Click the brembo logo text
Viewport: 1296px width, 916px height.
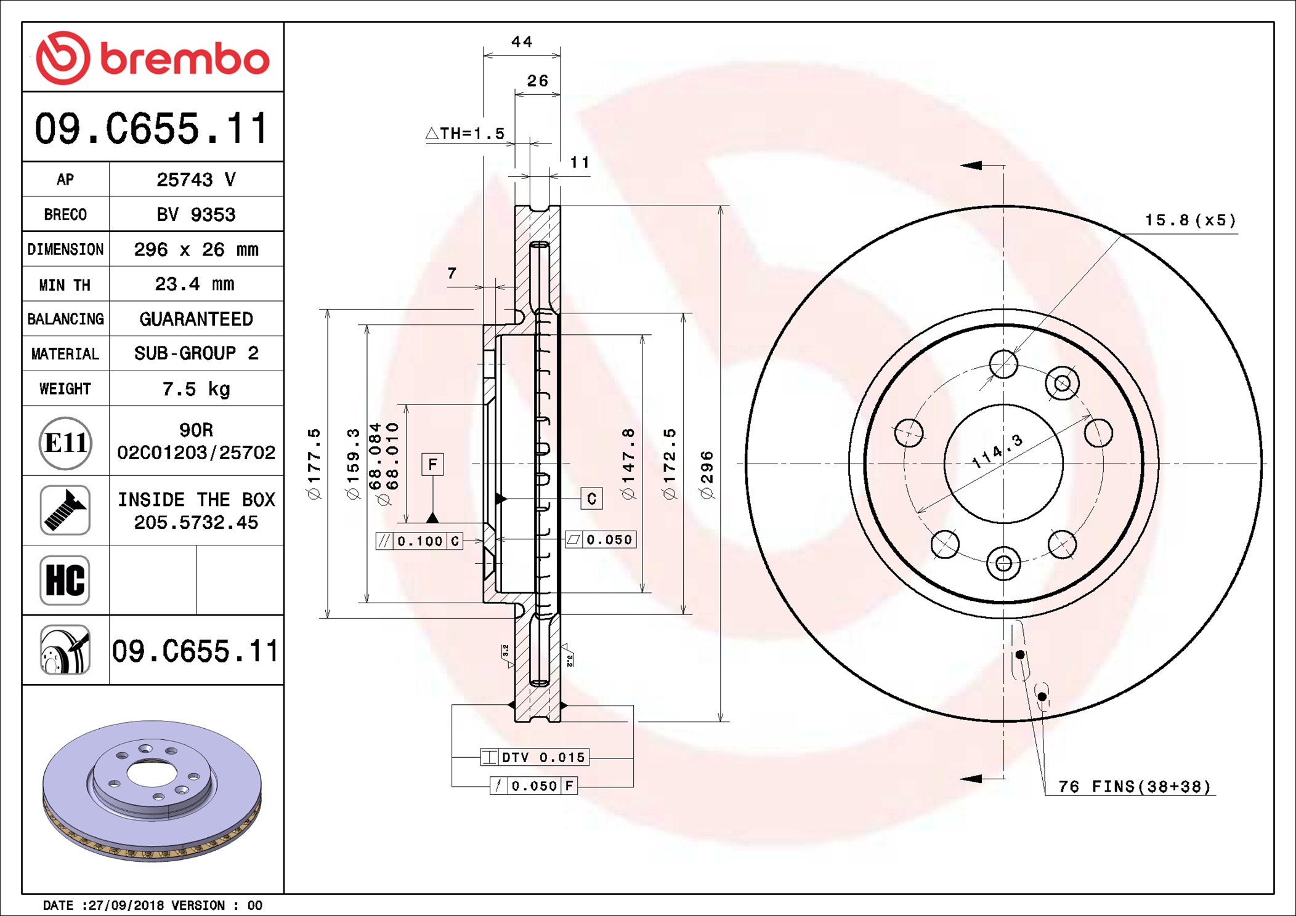point(184,59)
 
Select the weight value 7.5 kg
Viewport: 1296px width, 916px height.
point(196,389)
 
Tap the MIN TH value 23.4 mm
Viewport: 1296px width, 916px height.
point(195,284)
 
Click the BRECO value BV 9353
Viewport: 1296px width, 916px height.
point(196,214)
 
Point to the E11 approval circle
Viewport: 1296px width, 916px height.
point(65,443)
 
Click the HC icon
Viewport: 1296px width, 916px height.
point(65,580)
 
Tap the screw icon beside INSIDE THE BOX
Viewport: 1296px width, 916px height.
point(65,510)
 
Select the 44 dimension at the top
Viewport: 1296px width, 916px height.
point(521,42)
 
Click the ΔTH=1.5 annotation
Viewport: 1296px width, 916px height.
point(466,134)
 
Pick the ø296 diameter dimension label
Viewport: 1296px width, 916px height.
point(707,474)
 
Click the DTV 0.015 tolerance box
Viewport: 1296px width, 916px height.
point(535,757)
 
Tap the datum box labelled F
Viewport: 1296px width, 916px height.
point(432,464)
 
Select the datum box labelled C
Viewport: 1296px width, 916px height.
point(591,499)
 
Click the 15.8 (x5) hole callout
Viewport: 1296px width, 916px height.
point(1190,220)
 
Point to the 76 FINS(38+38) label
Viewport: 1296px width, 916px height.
point(1135,787)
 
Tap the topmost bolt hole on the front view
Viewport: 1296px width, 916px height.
point(1003,364)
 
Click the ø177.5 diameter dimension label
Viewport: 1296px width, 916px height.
point(314,464)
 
